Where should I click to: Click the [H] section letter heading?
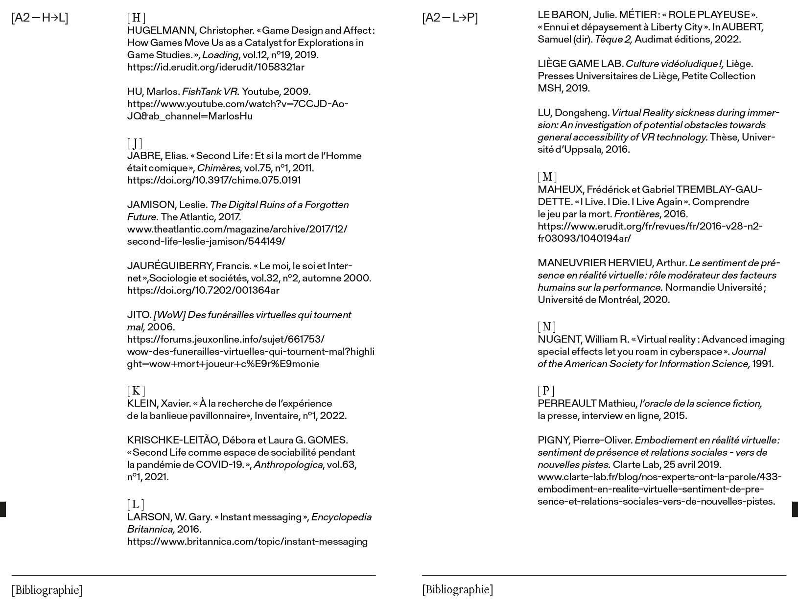[136, 18]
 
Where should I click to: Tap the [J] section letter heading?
[135, 143]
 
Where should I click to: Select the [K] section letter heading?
[136, 391]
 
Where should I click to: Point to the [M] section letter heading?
[547, 177]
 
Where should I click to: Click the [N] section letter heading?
[546, 327]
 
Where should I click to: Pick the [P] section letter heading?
[546, 391]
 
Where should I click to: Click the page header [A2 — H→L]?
[40, 18]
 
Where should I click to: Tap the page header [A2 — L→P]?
[450, 18]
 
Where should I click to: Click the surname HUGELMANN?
[161, 31]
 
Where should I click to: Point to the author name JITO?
[139, 315]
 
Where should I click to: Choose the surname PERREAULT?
[567, 403]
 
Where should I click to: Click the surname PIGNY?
[554, 440]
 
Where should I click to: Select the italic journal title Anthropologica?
[288, 465]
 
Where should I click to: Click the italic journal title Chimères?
[218, 168]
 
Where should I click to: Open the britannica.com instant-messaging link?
[247, 541]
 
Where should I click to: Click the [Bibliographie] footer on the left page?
[47, 590]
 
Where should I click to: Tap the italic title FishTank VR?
[211, 92]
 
